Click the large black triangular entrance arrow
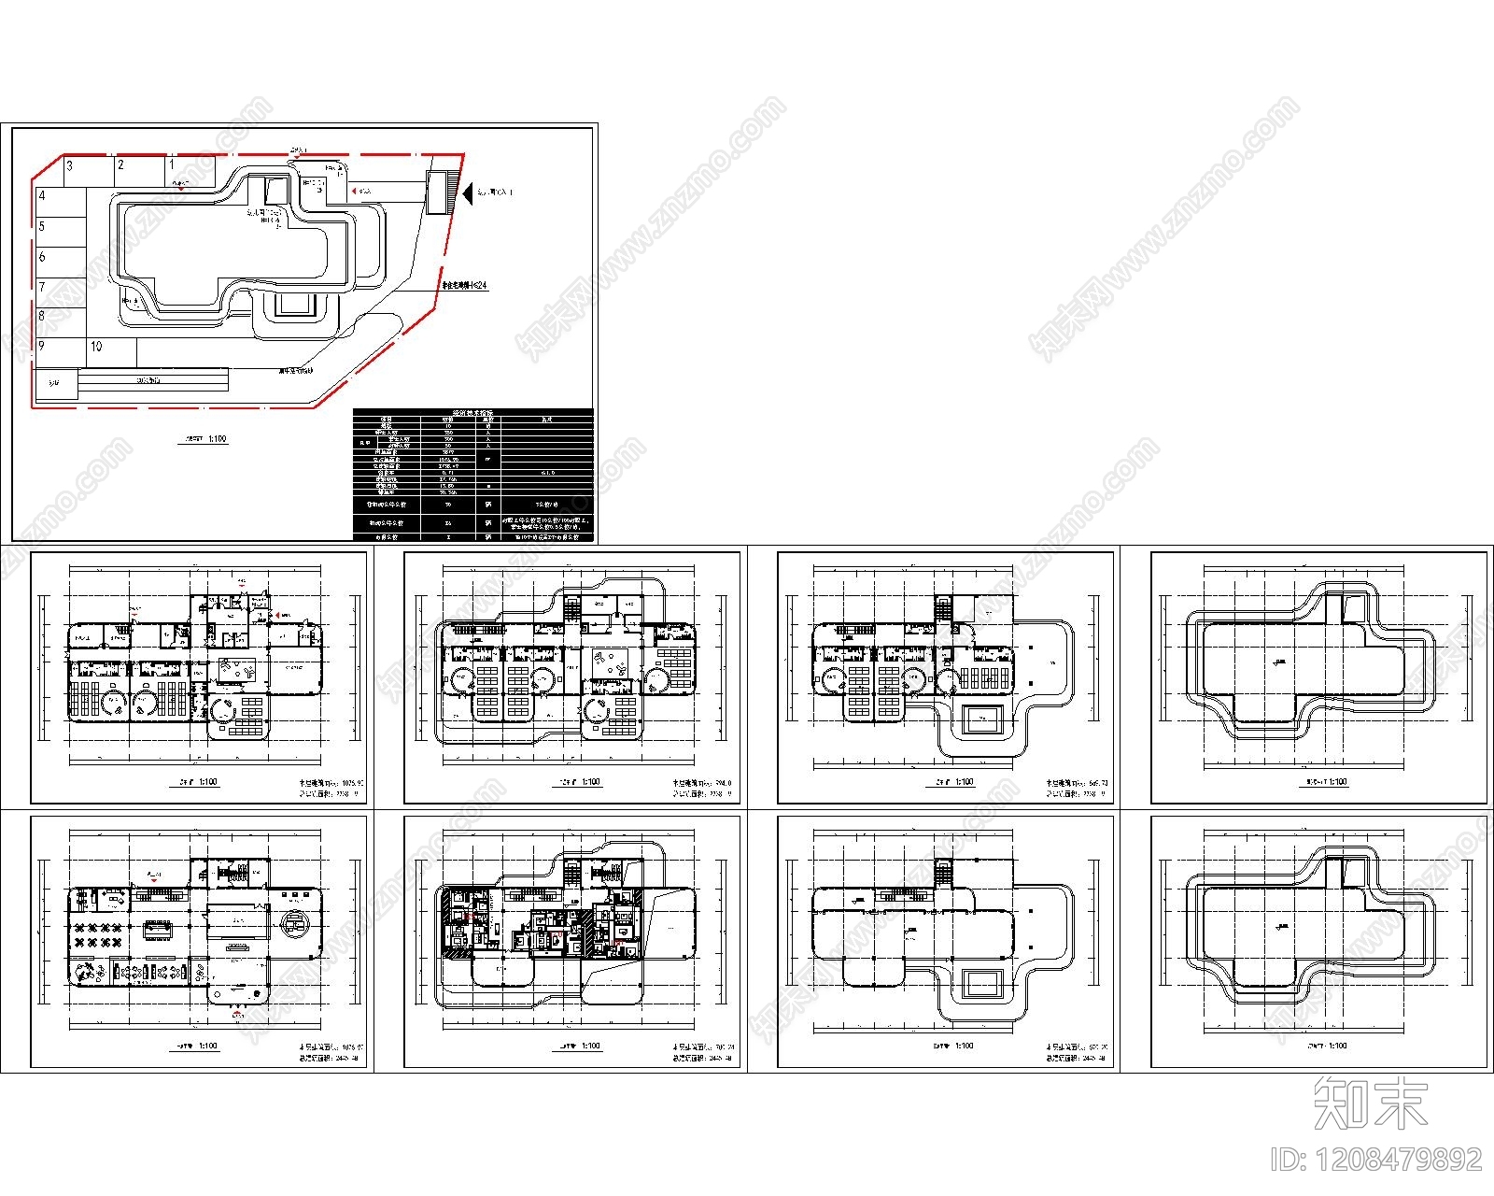468,192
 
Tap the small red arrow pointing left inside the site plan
354,191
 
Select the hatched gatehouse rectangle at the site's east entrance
436,192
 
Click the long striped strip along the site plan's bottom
153,380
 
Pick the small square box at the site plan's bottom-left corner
54,384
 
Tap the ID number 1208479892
1377,1160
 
